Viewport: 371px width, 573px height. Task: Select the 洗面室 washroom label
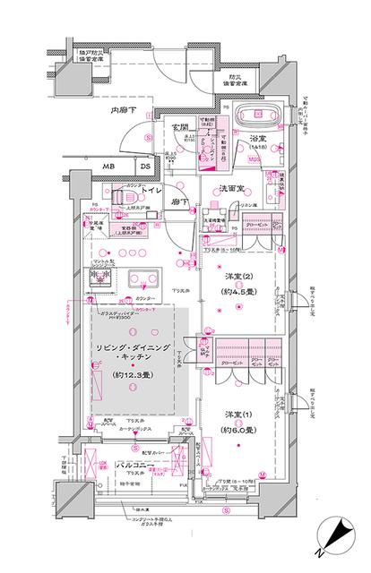pos(236,190)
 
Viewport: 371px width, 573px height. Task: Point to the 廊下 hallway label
pos(181,203)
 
